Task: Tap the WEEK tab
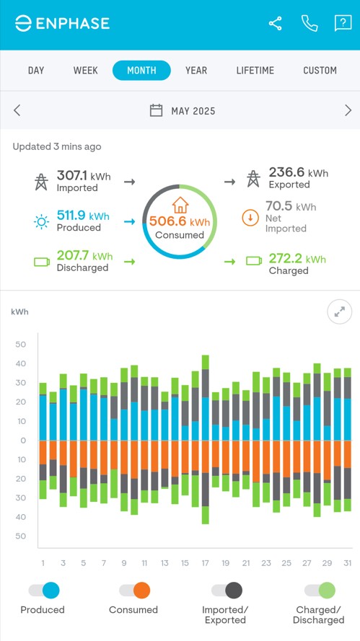(x=85, y=71)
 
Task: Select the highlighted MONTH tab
(x=141, y=71)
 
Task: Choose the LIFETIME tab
(x=255, y=71)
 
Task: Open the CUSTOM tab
(x=320, y=71)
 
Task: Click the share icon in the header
(x=276, y=23)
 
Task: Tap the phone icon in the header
(x=309, y=23)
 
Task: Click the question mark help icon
(x=342, y=23)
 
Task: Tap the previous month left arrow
(x=17, y=110)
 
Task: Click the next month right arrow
(x=348, y=110)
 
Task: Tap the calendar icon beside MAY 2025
(x=156, y=110)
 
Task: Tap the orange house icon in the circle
(x=180, y=205)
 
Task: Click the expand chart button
(x=339, y=312)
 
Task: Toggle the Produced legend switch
(x=43, y=591)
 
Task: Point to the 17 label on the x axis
(x=206, y=563)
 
